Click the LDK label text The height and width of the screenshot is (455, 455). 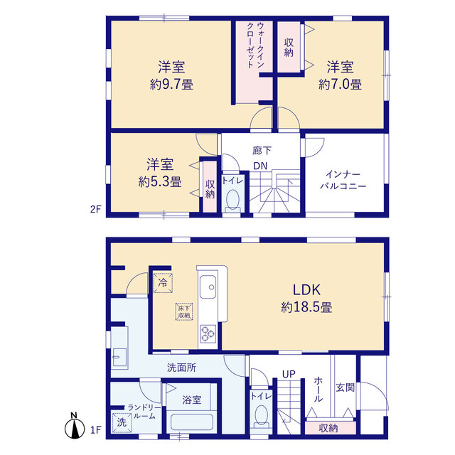tap(306, 290)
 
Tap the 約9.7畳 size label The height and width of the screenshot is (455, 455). tap(171, 85)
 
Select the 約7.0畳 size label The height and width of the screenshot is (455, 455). tap(340, 85)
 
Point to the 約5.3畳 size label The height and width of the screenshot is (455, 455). tap(160, 182)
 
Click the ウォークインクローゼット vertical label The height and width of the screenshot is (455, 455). tap(255, 45)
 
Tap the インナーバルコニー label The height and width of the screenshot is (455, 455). tap(343, 180)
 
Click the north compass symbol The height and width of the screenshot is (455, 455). tap(75, 426)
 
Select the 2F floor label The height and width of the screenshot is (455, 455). tap(95, 209)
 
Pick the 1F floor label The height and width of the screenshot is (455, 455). tap(95, 429)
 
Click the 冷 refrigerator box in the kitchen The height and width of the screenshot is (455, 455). tap(163, 283)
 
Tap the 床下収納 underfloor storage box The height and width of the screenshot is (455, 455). tap(184, 311)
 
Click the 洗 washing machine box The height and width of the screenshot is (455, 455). tap(122, 422)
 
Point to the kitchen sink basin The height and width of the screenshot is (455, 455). tap(208, 287)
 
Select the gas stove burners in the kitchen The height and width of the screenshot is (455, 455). tap(208, 333)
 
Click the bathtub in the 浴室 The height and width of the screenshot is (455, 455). tap(192, 422)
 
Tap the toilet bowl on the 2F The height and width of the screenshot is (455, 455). tap(232, 199)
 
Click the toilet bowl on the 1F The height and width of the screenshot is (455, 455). tap(261, 415)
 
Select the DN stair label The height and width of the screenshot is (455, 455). tap(260, 166)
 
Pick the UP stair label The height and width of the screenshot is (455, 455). tap(289, 375)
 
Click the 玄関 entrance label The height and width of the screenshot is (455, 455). tap(346, 387)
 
